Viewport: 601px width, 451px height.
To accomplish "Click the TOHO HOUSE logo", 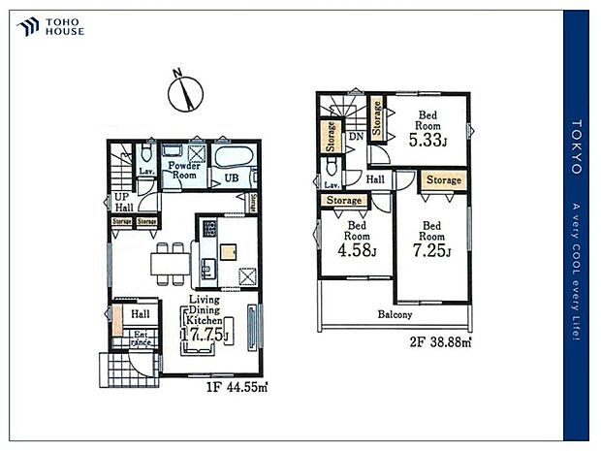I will coord(49,27).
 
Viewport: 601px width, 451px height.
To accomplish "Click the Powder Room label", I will coord(183,171).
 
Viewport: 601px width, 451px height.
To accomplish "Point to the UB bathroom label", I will coord(232,179).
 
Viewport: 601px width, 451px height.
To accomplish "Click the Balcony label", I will coord(395,314).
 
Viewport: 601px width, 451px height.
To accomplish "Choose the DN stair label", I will coord(356,138).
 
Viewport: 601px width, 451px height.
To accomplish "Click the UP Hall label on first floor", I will coord(123,201).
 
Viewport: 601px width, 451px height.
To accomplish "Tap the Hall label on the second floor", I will coord(375,179).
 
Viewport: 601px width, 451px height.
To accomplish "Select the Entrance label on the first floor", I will coord(141,338).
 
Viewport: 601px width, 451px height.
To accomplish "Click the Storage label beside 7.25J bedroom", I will coord(444,180).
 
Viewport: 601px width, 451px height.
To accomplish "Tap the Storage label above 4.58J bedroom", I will coord(344,201).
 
